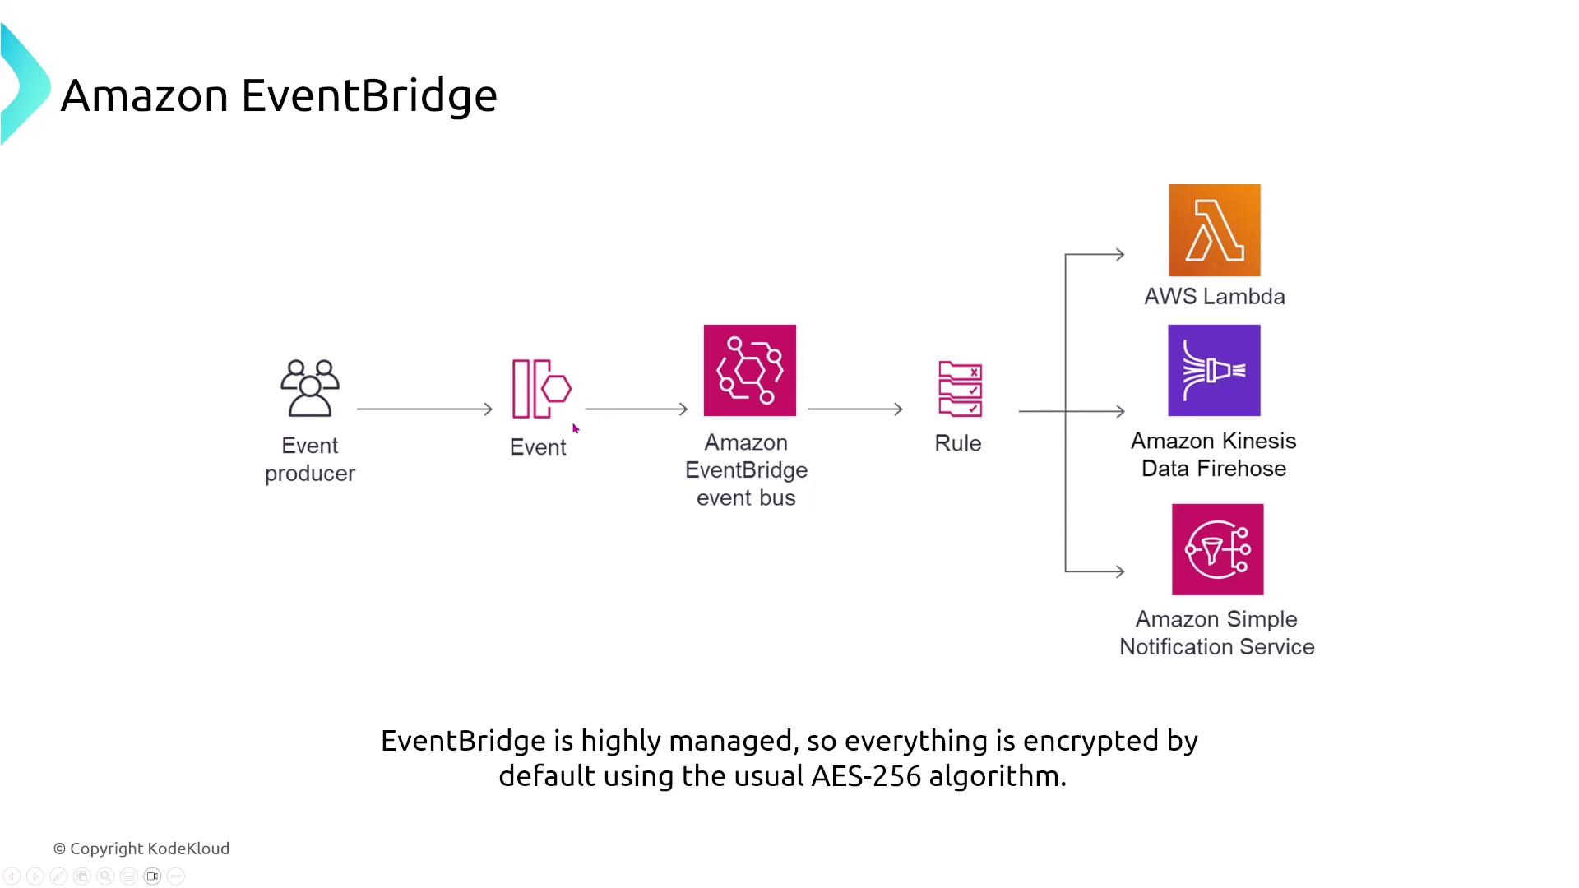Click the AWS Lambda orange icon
[1214, 230]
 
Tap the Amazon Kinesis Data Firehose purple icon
[1214, 370]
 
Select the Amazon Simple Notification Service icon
[1217, 549]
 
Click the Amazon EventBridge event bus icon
[749, 370]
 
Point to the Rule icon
[960, 389]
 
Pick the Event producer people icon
[310, 387]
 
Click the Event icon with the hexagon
[541, 389]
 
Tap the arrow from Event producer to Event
[424, 409]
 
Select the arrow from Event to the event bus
[636, 409]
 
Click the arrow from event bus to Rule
[854, 409]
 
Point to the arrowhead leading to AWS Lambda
[1118, 255]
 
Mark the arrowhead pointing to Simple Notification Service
[1118, 571]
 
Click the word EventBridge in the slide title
[368, 95]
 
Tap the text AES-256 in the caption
[865, 776]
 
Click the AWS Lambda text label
[1214, 297]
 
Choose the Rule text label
[958, 443]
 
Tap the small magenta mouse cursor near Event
[576, 428]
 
